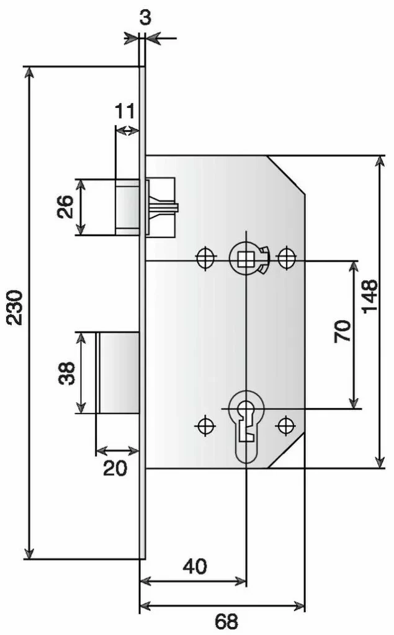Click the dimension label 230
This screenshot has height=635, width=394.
point(16,306)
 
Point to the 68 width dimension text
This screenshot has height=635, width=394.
point(226,621)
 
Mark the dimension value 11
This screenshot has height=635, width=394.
point(125,112)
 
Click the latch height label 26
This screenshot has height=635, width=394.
point(65,207)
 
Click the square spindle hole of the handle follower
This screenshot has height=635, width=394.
point(246,257)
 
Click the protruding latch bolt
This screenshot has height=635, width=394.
point(127,207)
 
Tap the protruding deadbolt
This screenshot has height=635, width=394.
point(118,373)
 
